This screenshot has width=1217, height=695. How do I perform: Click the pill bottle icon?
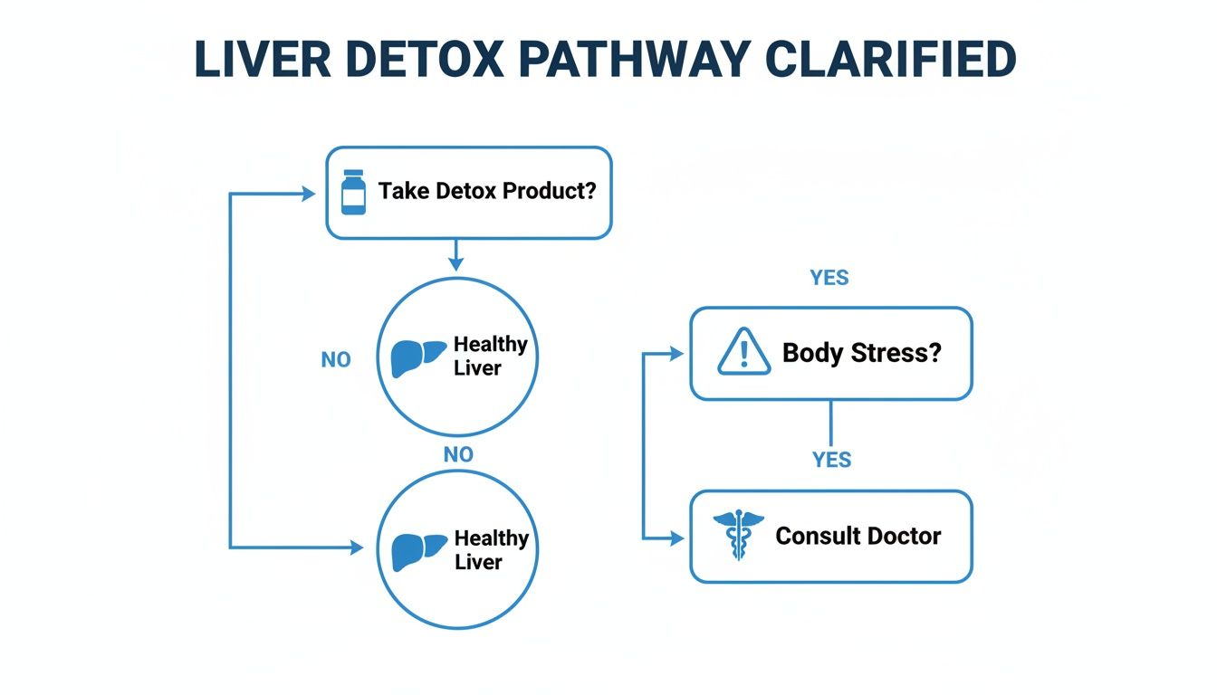(x=353, y=193)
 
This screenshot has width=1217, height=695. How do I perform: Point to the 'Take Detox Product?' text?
(x=487, y=192)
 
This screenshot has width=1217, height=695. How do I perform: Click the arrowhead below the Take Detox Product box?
(x=455, y=262)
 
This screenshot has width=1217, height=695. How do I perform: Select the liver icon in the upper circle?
(x=418, y=357)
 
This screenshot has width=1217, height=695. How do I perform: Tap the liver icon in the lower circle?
(x=418, y=551)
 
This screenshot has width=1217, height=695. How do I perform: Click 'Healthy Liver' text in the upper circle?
(x=490, y=356)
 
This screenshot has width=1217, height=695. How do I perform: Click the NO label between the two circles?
(x=458, y=454)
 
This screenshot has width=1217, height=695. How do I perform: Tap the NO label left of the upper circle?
(x=335, y=359)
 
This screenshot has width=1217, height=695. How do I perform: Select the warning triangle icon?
(x=743, y=352)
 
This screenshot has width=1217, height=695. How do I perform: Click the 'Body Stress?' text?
(x=862, y=352)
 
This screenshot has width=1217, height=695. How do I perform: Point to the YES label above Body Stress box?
(x=829, y=278)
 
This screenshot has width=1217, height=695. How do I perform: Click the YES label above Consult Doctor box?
(x=831, y=460)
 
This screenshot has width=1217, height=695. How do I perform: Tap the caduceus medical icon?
(x=738, y=536)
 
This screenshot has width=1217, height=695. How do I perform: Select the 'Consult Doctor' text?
(x=858, y=536)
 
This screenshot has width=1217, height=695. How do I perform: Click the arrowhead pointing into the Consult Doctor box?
(x=678, y=538)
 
